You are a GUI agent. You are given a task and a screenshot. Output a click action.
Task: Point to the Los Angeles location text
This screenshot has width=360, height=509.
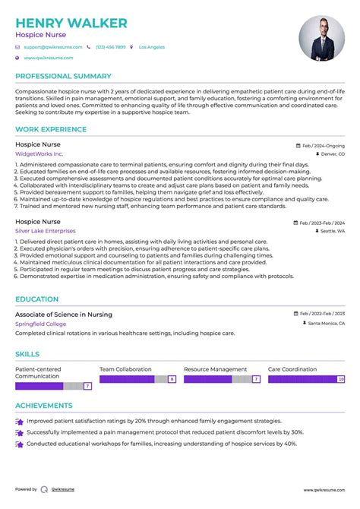click(151, 47)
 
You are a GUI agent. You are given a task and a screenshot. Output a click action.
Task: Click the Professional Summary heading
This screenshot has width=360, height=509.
click(63, 76)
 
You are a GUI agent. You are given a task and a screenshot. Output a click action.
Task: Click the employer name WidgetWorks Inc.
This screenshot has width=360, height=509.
click(39, 154)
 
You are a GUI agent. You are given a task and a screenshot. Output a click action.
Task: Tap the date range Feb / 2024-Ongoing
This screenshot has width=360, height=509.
click(322, 145)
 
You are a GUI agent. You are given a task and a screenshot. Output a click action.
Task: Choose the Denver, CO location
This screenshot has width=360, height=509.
click(332, 154)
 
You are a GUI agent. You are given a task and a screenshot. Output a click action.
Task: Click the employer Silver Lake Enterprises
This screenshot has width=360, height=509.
click(46, 231)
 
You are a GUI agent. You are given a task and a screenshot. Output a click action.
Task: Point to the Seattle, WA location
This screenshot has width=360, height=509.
click(331, 231)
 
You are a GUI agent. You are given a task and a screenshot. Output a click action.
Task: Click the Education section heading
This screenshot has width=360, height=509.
click(37, 299)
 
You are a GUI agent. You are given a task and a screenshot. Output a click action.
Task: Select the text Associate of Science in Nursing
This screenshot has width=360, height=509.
click(64, 315)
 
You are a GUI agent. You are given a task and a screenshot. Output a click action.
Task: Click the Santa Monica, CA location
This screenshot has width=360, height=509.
click(325, 324)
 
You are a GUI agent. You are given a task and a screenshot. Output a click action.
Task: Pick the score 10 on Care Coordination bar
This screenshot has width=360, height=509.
click(341, 378)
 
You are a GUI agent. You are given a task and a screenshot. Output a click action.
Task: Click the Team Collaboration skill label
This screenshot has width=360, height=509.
click(125, 369)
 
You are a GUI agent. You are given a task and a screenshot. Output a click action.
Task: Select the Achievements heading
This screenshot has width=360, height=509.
click(44, 406)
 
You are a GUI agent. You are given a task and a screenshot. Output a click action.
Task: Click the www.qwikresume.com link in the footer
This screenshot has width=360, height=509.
click(325, 490)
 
